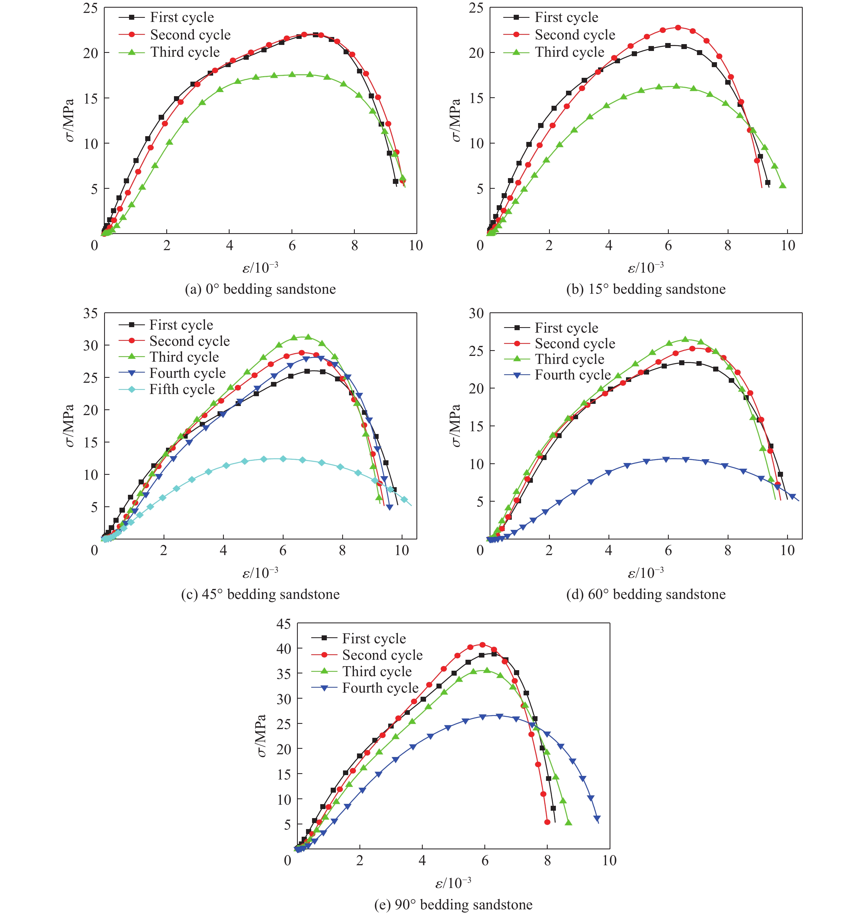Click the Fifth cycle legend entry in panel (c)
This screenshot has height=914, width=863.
click(182, 390)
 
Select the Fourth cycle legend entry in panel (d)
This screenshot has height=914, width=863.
click(572, 375)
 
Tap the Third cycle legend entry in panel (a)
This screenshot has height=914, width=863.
click(185, 52)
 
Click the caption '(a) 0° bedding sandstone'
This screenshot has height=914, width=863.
click(260, 289)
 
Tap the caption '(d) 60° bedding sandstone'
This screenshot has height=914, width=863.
click(646, 594)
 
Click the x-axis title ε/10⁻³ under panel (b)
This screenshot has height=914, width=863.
click(646, 267)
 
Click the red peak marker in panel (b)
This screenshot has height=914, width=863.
click(678, 28)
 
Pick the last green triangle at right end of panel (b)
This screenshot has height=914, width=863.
click(782, 185)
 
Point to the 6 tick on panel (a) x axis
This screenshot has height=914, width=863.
click(292, 245)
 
